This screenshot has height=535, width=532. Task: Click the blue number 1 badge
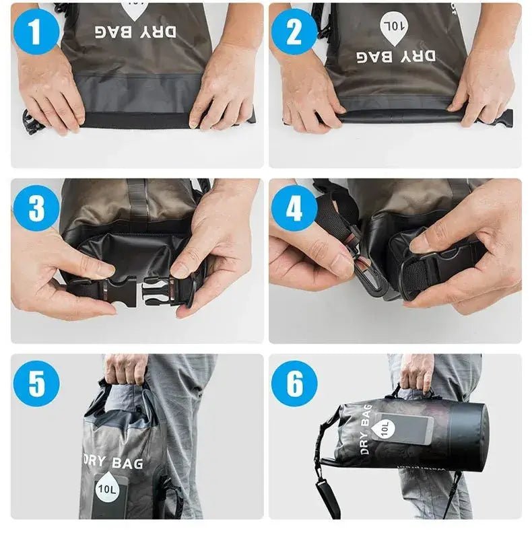(35, 30)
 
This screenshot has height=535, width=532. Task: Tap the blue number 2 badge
(294, 30)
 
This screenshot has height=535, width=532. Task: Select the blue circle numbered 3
(35, 209)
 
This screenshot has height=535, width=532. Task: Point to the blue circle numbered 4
(294, 209)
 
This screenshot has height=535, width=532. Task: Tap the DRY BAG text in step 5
(113, 462)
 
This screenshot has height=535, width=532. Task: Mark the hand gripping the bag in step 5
(125, 369)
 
